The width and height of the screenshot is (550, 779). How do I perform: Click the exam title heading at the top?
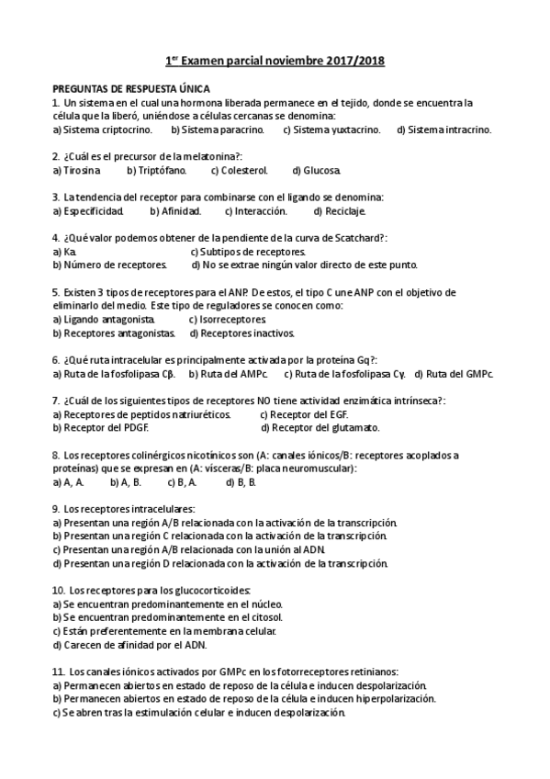click(x=275, y=61)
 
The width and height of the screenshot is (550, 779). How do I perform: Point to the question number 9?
click(x=56, y=508)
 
